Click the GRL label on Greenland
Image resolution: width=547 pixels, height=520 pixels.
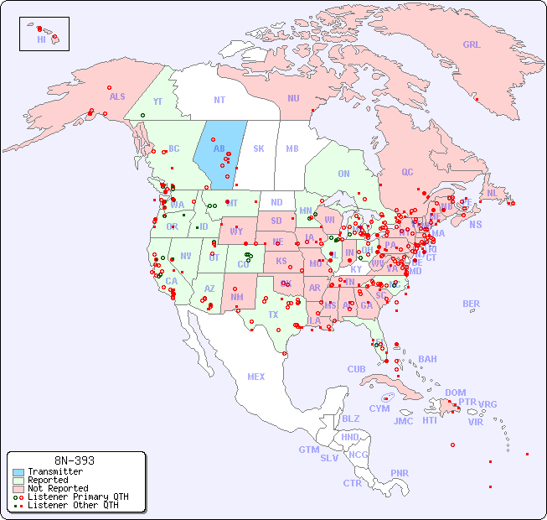click(472, 45)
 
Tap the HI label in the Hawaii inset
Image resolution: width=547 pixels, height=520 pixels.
click(41, 39)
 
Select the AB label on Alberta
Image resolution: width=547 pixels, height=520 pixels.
click(219, 149)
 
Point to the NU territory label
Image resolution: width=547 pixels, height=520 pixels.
click(293, 98)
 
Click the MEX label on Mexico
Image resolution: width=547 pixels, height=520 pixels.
click(256, 377)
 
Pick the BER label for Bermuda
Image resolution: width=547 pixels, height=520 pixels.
click(472, 304)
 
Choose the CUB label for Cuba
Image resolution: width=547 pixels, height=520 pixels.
click(356, 369)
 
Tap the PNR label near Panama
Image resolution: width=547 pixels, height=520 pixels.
click(400, 473)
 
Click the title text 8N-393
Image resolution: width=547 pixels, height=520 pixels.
click(75, 460)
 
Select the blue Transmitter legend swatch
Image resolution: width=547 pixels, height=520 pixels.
click(18, 472)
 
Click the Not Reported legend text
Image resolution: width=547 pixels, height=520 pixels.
click(58, 488)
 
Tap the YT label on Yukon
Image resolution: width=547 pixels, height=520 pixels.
click(157, 101)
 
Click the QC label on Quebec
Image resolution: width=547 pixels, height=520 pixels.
click(407, 172)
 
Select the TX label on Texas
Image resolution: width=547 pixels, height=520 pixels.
click(273, 315)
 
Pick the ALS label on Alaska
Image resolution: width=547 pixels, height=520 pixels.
click(117, 96)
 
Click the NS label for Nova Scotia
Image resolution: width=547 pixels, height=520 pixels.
click(476, 224)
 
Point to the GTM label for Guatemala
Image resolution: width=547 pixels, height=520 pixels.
click(309, 450)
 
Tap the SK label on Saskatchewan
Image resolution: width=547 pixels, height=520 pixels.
click(259, 148)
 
